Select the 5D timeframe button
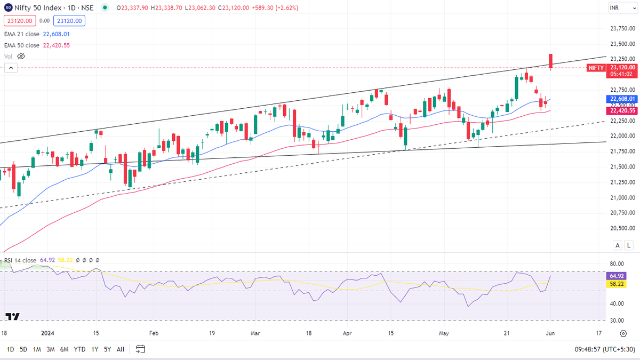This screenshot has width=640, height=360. (x=23, y=349)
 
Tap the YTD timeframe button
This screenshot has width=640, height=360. (x=80, y=349)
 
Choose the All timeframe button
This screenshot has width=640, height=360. (x=121, y=349)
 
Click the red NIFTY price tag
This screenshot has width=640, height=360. (x=596, y=68)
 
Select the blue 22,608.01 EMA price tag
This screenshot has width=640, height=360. (x=621, y=99)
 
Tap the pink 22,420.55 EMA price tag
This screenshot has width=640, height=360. (x=621, y=110)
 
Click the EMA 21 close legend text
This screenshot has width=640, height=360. (x=22, y=34)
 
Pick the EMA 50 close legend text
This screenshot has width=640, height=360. (x=22, y=45)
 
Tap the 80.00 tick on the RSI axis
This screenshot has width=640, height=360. (x=617, y=263)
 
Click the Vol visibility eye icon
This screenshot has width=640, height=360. (x=21, y=56)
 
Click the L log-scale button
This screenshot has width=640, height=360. (x=629, y=245)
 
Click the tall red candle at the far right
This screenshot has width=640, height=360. (x=551, y=61)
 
